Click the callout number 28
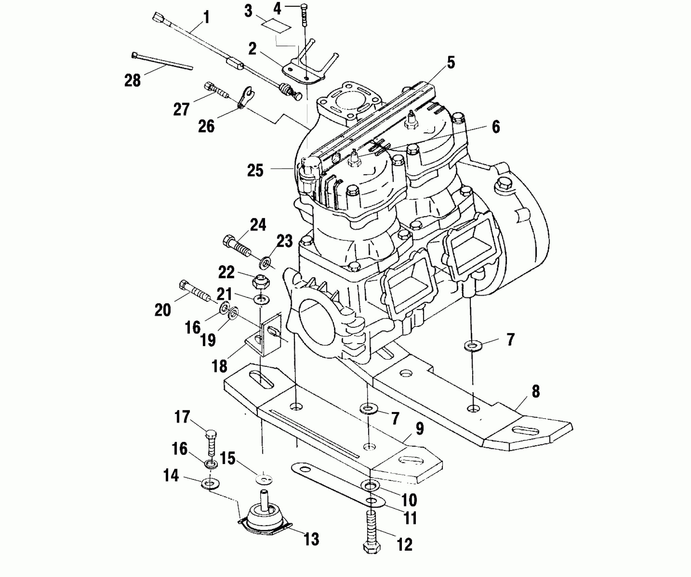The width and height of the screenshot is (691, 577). (x=132, y=81)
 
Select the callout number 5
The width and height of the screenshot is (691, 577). (x=450, y=63)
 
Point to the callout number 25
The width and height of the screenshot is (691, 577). (x=255, y=170)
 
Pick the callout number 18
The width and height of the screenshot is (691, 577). (x=219, y=366)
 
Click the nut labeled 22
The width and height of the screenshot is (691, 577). (x=259, y=281)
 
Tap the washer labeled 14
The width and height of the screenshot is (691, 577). (x=211, y=482)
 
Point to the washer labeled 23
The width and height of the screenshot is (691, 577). (x=265, y=262)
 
